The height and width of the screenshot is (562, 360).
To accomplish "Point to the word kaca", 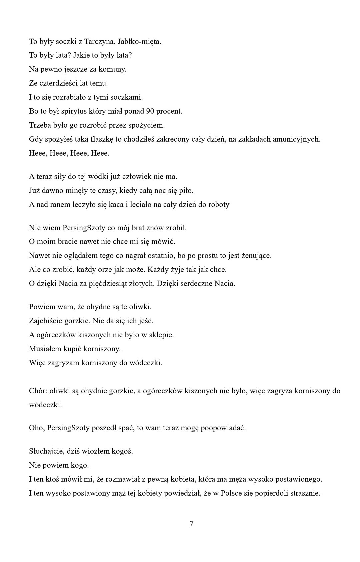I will point(116,204).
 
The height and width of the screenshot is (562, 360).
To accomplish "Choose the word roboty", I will point(219,204).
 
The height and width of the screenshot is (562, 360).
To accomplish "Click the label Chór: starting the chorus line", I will point(38,391).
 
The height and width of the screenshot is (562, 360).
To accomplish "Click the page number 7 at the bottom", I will point(191,524).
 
